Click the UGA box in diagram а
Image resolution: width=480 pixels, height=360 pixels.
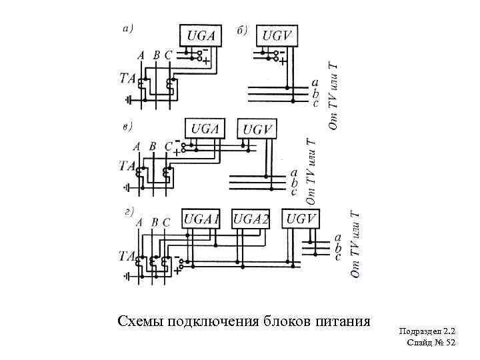(200, 35)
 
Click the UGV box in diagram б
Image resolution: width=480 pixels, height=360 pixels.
(280, 35)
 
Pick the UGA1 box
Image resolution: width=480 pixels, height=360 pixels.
(201, 219)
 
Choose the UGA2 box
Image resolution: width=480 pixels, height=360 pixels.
(251, 219)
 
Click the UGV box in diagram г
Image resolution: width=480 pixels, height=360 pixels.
(301, 219)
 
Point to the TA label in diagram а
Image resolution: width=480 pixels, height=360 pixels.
(127, 77)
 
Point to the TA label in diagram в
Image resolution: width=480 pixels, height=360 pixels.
(127, 165)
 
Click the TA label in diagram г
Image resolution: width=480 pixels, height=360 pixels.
(127, 255)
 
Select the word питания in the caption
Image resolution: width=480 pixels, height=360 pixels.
(341, 321)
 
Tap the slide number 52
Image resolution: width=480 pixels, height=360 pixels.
(449, 343)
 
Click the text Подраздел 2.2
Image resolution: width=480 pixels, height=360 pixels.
(427, 331)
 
